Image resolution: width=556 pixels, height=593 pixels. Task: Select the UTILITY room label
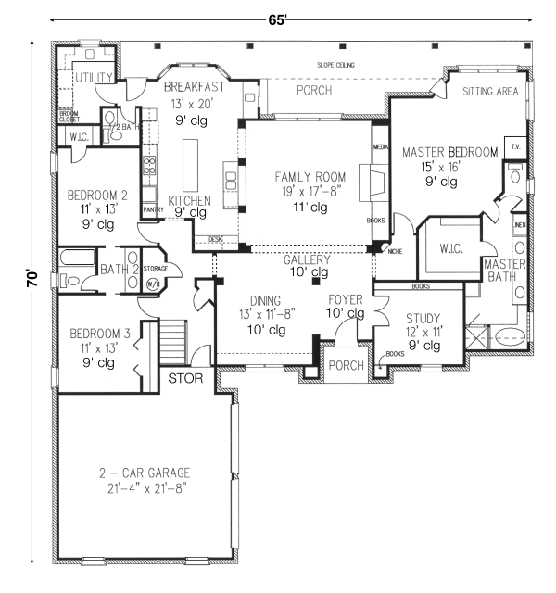click(x=94, y=77)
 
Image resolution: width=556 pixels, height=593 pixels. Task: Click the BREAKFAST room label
click(x=196, y=85)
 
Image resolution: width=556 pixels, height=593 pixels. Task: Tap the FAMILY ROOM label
click(x=310, y=176)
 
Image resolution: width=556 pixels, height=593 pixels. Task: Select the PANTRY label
click(x=154, y=210)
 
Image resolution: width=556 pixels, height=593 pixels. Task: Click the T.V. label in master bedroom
click(x=514, y=147)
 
